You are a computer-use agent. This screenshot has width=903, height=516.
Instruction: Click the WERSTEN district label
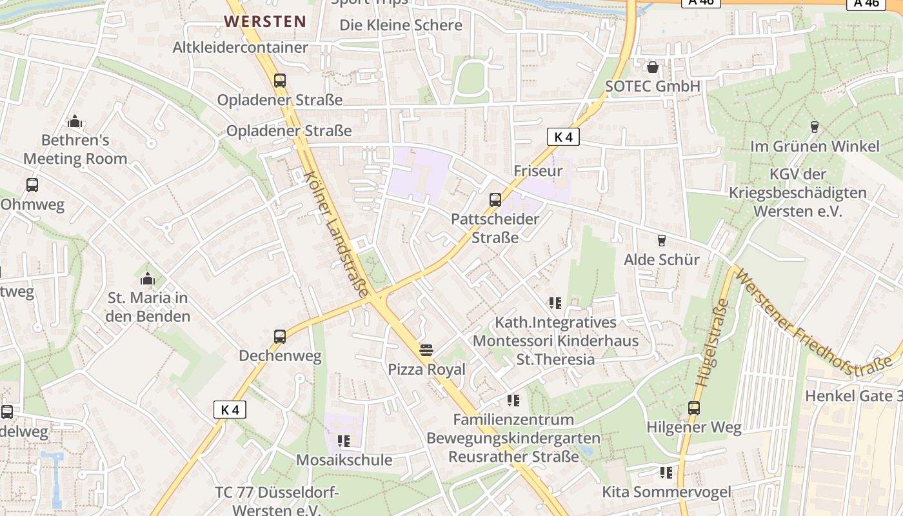tap(265, 21)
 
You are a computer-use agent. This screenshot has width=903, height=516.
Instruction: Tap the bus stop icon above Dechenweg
tap(279, 337)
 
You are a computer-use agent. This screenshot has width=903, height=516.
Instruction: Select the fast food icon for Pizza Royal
tap(426, 350)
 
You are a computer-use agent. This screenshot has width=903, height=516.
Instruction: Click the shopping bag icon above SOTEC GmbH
tap(653, 67)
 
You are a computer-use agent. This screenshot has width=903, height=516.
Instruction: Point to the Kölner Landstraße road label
tap(335, 234)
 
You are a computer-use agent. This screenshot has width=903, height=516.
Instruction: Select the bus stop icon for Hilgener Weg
tap(694, 408)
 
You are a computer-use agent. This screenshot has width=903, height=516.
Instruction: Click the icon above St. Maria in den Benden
tap(148, 279)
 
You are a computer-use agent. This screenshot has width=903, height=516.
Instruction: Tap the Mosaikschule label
tap(344, 460)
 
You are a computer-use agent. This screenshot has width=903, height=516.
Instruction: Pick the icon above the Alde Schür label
tap(661, 241)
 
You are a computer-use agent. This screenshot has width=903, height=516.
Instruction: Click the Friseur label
tap(538, 171)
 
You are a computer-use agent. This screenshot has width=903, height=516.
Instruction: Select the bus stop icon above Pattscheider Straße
tap(495, 200)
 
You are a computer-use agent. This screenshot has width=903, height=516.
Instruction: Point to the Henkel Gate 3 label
tap(853, 395)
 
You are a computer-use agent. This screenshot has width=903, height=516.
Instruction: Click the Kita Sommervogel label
tap(666, 492)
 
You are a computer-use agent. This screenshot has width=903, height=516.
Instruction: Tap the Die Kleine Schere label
tap(401, 25)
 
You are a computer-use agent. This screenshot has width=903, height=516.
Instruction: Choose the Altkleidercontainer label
tap(240, 47)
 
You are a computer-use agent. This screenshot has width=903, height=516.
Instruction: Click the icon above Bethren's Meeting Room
tap(75, 121)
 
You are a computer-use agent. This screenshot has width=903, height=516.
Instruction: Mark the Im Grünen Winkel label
tap(814, 146)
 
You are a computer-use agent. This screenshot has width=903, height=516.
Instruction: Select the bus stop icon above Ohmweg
tap(32, 186)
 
